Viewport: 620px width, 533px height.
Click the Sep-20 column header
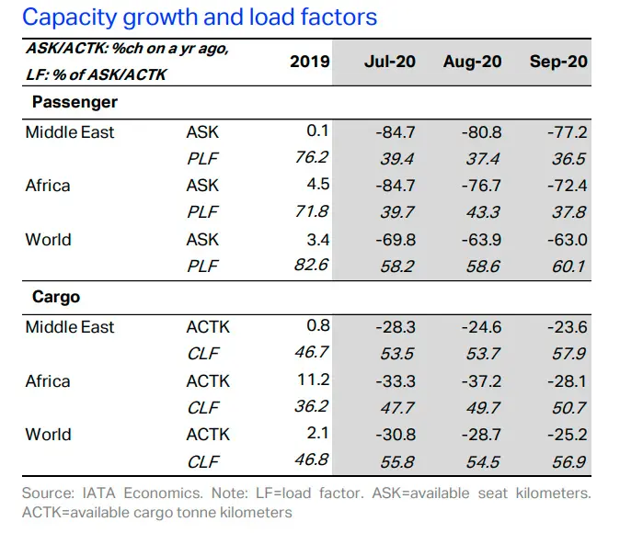pos(558,62)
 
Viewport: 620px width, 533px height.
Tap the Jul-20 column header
pos(390,62)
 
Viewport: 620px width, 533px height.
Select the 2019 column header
pos(310,62)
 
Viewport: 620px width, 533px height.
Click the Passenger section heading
pos(75,102)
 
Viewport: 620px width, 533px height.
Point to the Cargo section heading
pos(56,297)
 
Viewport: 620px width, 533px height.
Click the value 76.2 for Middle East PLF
pos(312,157)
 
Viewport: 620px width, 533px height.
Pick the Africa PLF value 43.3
pos(483,212)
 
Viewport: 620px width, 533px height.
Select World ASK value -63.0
pos(568,240)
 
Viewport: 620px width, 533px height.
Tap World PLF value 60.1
pos(568,266)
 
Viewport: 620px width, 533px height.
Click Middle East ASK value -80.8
pos(482,132)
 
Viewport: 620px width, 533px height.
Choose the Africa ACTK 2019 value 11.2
pos(313,380)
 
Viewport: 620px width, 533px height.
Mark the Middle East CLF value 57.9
pos(568,354)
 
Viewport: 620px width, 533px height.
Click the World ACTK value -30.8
pos(396,435)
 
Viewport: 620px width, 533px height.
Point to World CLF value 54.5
pos(483,462)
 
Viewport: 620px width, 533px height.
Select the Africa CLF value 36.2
pos(312,406)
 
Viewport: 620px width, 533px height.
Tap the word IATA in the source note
pos(98,493)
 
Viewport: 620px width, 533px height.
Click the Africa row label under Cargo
pos(48,381)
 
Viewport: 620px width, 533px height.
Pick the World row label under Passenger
pos(48,240)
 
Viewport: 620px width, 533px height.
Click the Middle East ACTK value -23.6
pos(568,327)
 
